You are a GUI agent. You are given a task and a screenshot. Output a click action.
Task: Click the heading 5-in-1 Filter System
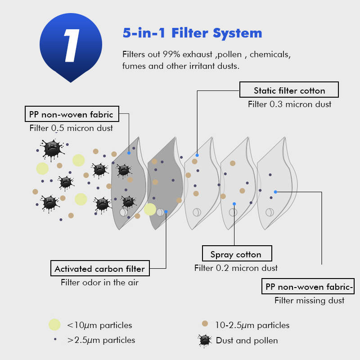pyautogui.click(x=192, y=33)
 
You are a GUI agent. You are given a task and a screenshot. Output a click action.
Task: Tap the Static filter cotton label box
pyautogui.click(x=289, y=90)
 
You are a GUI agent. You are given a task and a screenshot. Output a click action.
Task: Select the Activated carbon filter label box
pyautogui.click(x=99, y=269)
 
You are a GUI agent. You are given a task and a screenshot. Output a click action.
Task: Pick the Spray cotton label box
pyautogui.click(x=236, y=254)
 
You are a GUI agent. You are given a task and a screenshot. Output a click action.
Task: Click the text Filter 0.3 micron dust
pyautogui.click(x=289, y=104)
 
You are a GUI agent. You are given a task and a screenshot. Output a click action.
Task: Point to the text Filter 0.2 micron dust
pyautogui.click(x=236, y=268)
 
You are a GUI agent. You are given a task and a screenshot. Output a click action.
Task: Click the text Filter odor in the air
pyautogui.click(x=99, y=283)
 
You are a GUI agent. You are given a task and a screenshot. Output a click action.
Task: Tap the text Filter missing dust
pyautogui.click(x=309, y=300)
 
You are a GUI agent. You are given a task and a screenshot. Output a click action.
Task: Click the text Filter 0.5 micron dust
pyautogui.click(x=71, y=128)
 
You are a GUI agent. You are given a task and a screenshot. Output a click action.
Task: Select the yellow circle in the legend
pyautogui.click(x=54, y=324)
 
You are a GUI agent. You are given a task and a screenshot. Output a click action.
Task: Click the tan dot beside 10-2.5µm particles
pyautogui.click(x=205, y=324)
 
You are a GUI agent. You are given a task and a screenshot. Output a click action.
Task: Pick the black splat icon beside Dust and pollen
pyautogui.click(x=205, y=340)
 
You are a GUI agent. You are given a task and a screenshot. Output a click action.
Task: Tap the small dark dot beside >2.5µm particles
pyautogui.click(x=54, y=339)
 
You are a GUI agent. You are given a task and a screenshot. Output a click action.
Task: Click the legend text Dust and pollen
pyautogui.click(x=247, y=340)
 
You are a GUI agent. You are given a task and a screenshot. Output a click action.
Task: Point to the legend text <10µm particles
pyautogui.click(x=99, y=325)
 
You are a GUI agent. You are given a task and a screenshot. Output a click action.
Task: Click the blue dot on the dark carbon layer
pyautogui.click(x=166, y=211)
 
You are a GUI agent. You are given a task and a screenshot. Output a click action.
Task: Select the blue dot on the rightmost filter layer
pyautogui.click(x=275, y=192)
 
